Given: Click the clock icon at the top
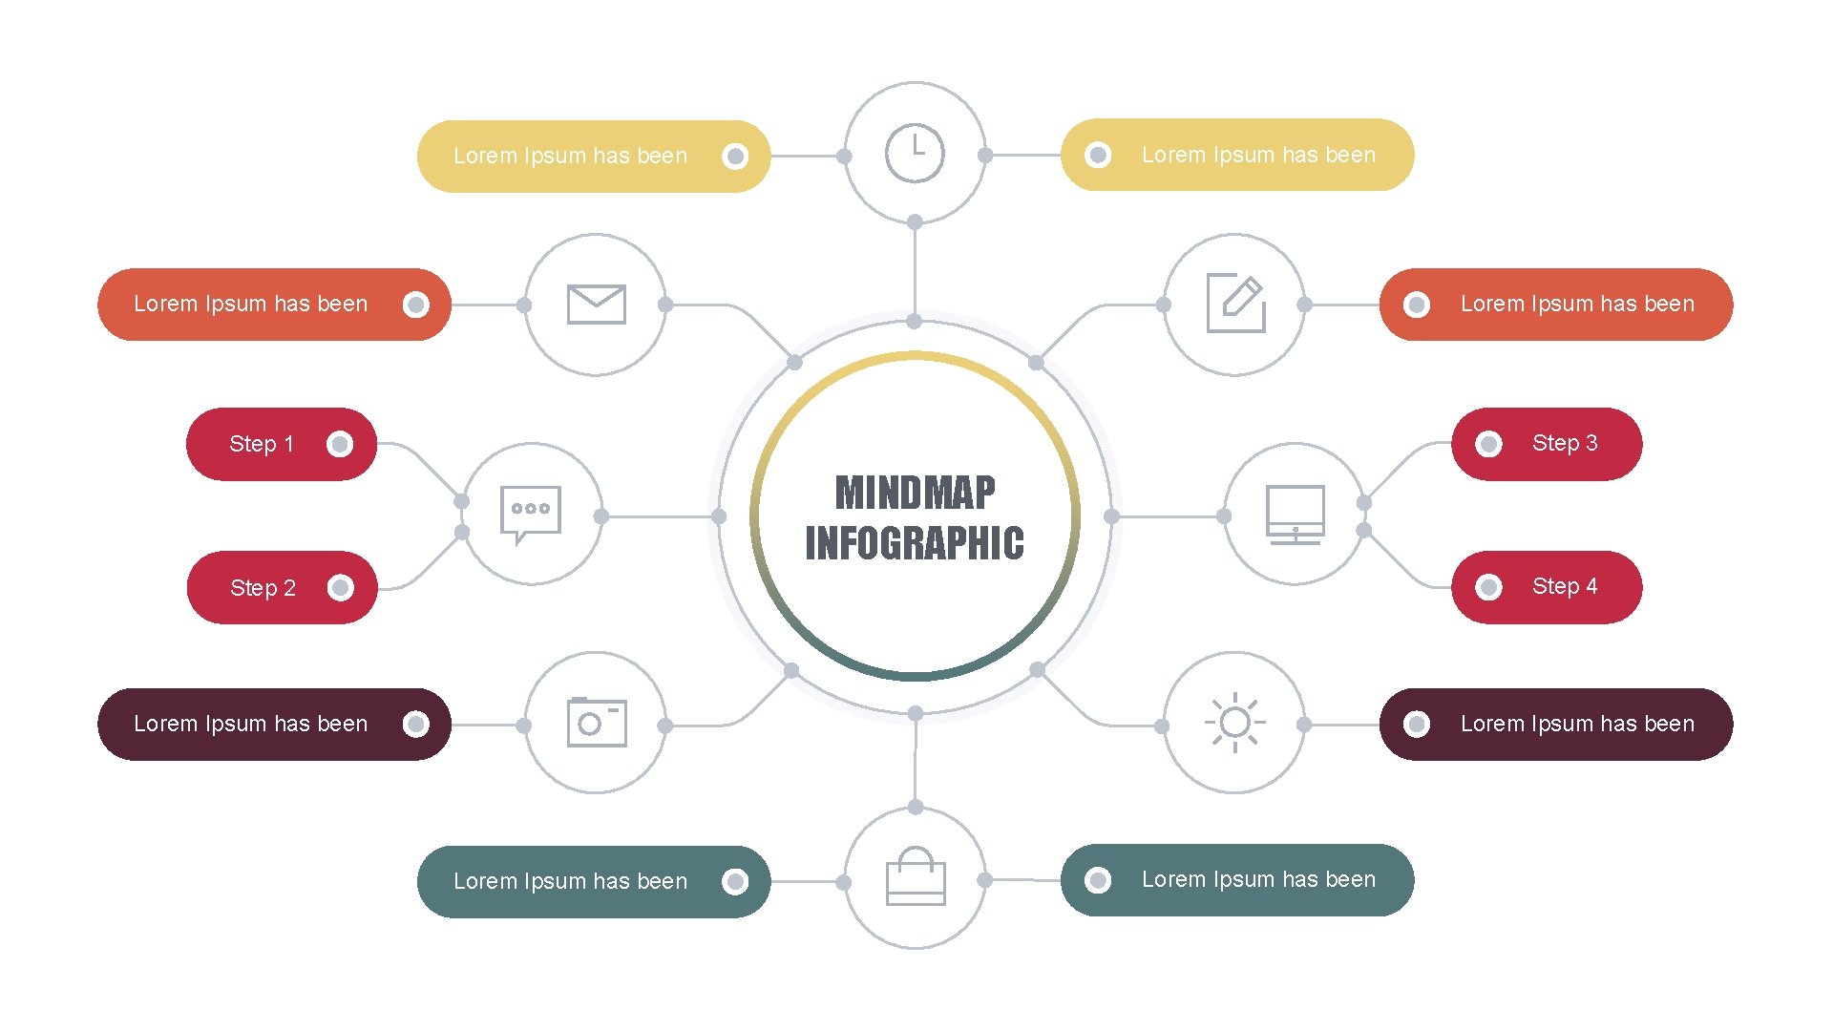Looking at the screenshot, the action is coord(915,153).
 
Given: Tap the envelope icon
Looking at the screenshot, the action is coord(596,305).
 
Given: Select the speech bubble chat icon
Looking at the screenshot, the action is coord(531,514).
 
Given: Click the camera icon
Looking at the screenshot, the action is coord(596,723).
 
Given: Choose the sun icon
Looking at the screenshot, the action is coord(1234,723).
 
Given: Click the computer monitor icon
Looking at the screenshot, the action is coord(1295,515).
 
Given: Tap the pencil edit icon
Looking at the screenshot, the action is coord(1235,304).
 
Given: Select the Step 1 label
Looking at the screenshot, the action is coord(262,444).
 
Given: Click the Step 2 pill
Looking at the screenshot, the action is coord(282,587).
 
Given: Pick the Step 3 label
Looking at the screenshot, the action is coord(1564,443).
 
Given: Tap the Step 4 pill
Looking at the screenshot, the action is coord(1547,587).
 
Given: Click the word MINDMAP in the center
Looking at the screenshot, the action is coord(915,494).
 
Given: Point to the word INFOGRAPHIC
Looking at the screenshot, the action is coord(915,543).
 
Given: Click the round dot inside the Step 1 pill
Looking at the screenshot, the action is coord(340,444).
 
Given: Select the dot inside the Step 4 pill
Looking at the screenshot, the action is coord(1488,587).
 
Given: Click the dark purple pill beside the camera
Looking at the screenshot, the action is coord(274,724).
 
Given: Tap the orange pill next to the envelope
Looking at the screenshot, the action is coord(274,304).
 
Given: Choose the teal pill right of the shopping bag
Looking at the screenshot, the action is coord(1237,879).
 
